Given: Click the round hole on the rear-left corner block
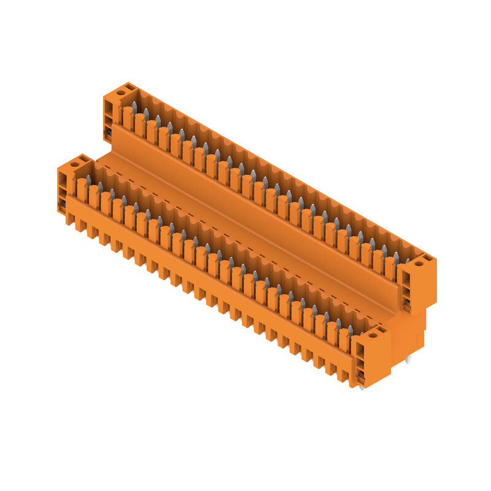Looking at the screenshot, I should tap(120, 93).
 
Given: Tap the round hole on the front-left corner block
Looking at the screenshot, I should tap(75, 164).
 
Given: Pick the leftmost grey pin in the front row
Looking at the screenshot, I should tap(88, 179).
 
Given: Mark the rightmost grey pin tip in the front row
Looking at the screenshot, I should tap(350, 330).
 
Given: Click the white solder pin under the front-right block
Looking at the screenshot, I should tap(361, 387).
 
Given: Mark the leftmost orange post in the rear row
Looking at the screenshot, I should tap(128, 118).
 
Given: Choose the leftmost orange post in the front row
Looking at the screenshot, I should tap(82, 189).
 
